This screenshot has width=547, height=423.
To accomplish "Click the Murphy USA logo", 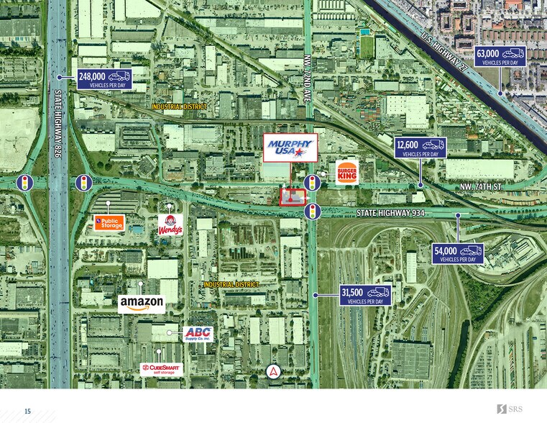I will [x=290, y=147].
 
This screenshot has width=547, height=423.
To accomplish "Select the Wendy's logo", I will [x=170, y=224].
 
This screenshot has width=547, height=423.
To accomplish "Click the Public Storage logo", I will [x=109, y=222].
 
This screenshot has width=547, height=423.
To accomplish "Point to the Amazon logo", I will [x=142, y=304].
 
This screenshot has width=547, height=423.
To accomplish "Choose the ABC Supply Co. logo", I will [x=198, y=333].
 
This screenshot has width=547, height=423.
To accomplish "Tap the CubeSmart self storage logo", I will [x=162, y=369].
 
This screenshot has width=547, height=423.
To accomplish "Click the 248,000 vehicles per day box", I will [x=104, y=79].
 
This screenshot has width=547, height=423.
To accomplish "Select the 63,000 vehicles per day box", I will [x=500, y=56].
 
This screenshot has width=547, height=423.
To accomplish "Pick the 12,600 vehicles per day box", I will [x=420, y=147].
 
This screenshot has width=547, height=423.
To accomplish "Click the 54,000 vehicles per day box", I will [x=458, y=253].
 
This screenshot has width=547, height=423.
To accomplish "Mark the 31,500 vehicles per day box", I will [x=366, y=295].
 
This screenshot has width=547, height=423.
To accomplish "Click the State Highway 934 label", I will [x=390, y=213].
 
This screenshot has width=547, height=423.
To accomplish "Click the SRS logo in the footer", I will [x=510, y=409].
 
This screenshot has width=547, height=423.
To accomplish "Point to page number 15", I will [x=27, y=411].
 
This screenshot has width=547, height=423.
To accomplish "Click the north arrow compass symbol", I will [x=272, y=372].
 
